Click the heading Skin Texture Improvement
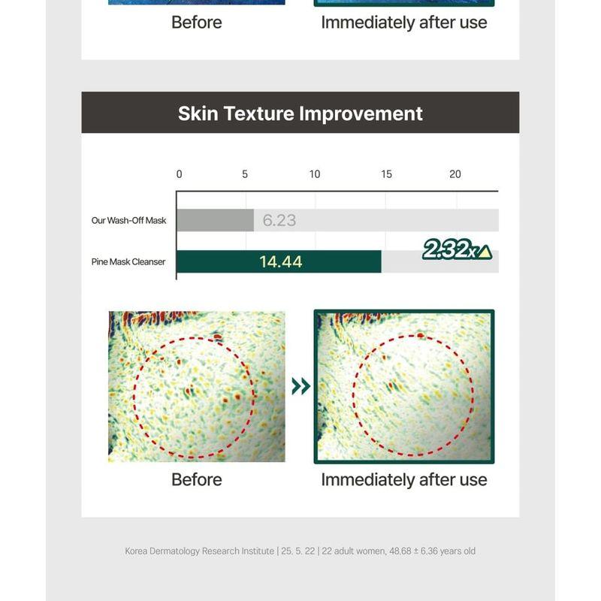pyautogui.click(x=300, y=113)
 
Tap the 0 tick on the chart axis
pyautogui.click(x=179, y=174)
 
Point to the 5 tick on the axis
pyautogui.click(x=245, y=174)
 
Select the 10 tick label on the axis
pyautogui.click(x=314, y=174)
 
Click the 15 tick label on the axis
pyautogui.click(x=386, y=174)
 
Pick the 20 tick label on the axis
pyautogui.click(x=455, y=174)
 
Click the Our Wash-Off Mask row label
pyautogui.click(x=128, y=221)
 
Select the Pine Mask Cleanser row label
pyautogui.click(x=128, y=262)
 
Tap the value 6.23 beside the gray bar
pyautogui.click(x=279, y=221)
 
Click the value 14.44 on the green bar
pyautogui.click(x=281, y=262)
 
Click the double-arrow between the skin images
pyautogui.click(x=300, y=386)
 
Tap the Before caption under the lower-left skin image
pyautogui.click(x=196, y=480)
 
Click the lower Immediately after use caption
pyautogui.click(x=403, y=480)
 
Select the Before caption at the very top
pyautogui.click(x=196, y=23)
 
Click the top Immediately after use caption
pyautogui.click(x=403, y=23)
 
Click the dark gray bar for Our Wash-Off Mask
pyautogui.click(x=215, y=221)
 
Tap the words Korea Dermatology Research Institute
pyautogui.click(x=200, y=551)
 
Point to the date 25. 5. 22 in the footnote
pyautogui.click(x=298, y=551)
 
